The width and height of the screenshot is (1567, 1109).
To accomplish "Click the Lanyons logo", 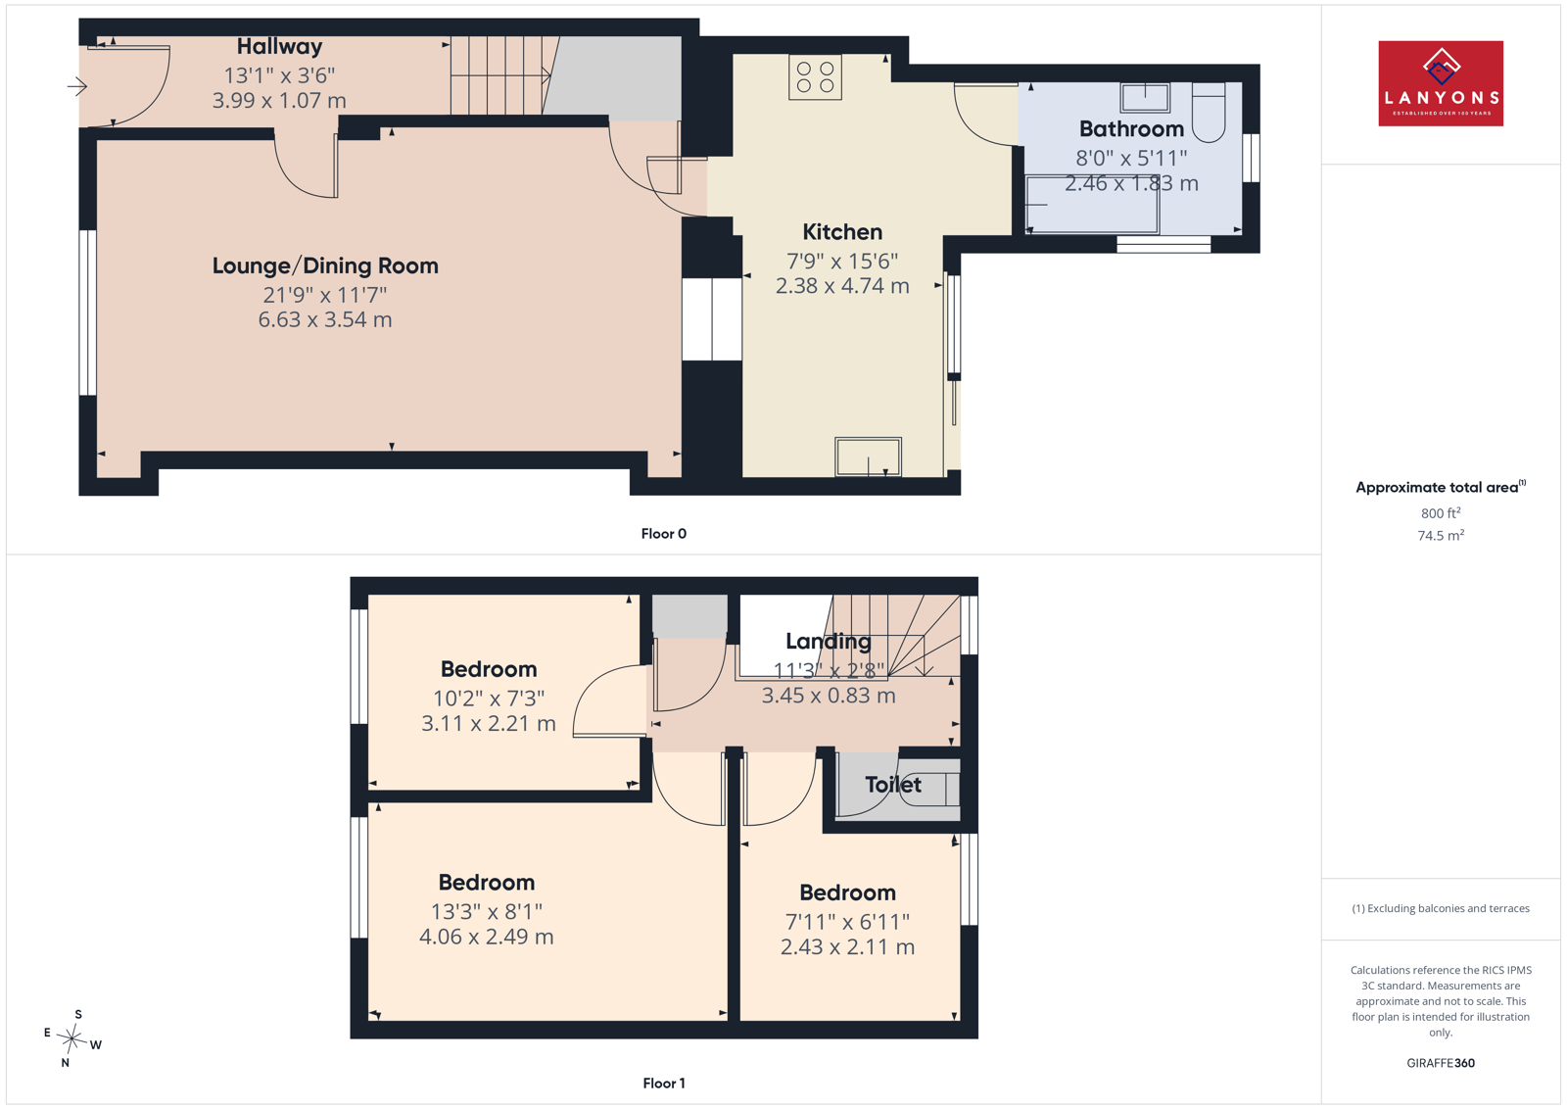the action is point(1441,83).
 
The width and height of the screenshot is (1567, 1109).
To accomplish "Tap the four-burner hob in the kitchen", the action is point(815,77).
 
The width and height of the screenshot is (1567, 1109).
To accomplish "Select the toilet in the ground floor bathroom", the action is point(1209,112).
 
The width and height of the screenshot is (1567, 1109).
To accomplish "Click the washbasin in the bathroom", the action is point(1145,97).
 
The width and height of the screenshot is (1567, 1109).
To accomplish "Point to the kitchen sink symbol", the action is point(868,457).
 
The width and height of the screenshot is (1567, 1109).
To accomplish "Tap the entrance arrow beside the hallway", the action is point(77,87).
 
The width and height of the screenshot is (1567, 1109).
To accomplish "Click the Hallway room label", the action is point(279,46).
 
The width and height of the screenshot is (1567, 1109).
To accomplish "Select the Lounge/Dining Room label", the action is point(325,265).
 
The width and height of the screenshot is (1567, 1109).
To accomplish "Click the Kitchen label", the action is point(842,231).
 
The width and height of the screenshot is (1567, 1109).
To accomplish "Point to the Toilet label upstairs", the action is point(892,785).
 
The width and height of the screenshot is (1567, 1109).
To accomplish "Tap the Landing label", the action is point(829,641).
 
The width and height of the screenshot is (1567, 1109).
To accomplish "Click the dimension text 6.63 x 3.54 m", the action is point(325,319).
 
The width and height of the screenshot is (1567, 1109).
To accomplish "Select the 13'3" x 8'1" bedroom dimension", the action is point(487,912).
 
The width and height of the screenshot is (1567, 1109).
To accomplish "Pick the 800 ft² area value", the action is point(1441,513).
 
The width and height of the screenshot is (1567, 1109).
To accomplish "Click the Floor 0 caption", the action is point(664,534).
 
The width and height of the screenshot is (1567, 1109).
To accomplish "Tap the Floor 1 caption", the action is point(664,1084).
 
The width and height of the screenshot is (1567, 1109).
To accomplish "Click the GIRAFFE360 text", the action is point(1441,1063).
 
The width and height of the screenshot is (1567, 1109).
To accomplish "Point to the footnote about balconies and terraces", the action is point(1441,908).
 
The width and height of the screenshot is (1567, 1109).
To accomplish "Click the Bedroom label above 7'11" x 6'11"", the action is point(848,892).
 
